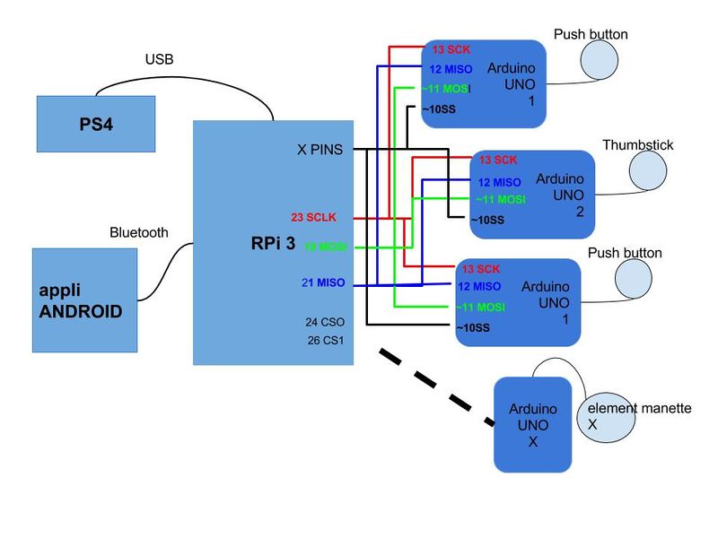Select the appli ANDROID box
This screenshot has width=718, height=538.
[84, 300]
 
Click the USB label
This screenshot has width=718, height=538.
[161, 59]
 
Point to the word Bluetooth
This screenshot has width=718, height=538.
[138, 232]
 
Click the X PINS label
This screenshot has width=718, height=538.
[320, 150]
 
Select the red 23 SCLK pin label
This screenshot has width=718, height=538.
[311, 218]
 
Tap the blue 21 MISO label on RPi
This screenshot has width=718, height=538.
[323, 283]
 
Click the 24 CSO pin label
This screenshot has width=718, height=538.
[325, 321]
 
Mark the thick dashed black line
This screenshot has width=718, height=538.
[438, 386]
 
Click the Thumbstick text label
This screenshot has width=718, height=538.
[637, 145]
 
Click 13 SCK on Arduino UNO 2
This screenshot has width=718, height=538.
[498, 161]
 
